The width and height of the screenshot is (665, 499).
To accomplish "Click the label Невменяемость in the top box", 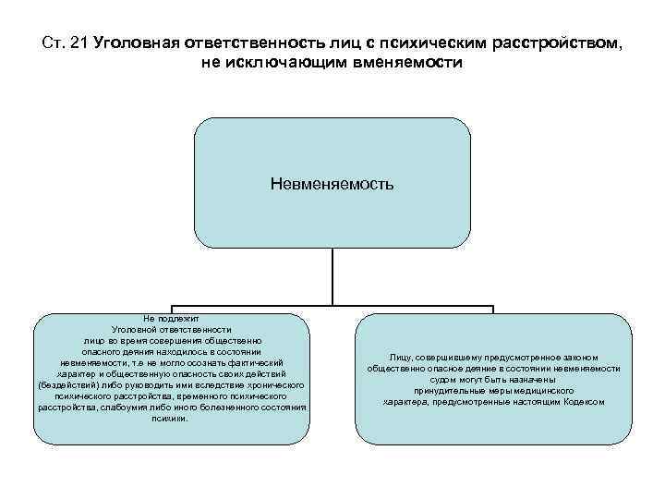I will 332,183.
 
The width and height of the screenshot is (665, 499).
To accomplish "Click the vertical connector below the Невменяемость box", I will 332,277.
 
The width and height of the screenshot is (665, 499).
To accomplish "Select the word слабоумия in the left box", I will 151,407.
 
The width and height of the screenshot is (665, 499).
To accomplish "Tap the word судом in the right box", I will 446,379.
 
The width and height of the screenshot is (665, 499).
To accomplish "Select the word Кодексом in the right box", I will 583,402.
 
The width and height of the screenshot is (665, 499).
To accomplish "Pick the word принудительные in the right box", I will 450,391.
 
